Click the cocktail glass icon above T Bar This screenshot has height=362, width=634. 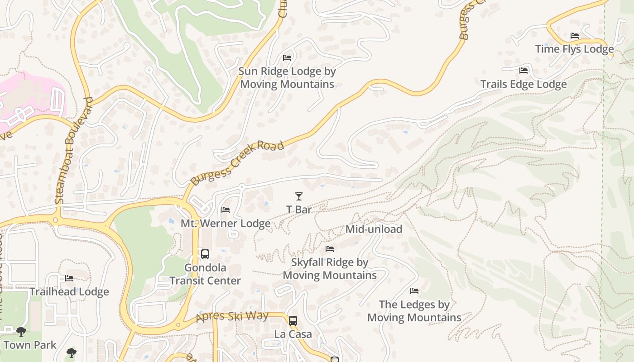pyautogui.click(x=298, y=196)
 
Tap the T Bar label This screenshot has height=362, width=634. pyautogui.click(x=299, y=210)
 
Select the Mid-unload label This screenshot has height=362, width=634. pyautogui.click(x=374, y=229)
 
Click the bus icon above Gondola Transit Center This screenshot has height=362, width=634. pyautogui.click(x=205, y=254)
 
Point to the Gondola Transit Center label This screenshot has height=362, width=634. pyautogui.click(x=205, y=274)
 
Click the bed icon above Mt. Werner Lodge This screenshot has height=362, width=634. pyautogui.click(x=226, y=210)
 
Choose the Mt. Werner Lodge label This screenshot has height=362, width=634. pyautogui.click(x=226, y=224)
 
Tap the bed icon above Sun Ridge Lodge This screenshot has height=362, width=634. pyautogui.click(x=287, y=58)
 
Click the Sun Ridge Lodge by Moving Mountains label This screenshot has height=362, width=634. pyautogui.click(x=287, y=78)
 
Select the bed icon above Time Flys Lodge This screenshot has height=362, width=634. pyautogui.click(x=575, y=36)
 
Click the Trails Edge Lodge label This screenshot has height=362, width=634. pyautogui.click(x=524, y=84)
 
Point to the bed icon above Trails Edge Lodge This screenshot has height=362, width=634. pyautogui.click(x=524, y=71)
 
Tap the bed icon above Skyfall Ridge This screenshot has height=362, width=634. pyautogui.click(x=330, y=249)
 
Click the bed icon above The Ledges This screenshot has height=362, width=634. pyautogui.click(x=414, y=291)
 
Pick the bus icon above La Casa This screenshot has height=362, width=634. pyautogui.click(x=293, y=321)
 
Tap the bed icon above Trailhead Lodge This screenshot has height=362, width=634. pyautogui.click(x=69, y=278)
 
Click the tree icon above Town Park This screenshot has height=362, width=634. pyautogui.click(x=21, y=332)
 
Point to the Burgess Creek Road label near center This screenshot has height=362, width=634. pyautogui.click(x=237, y=163)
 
